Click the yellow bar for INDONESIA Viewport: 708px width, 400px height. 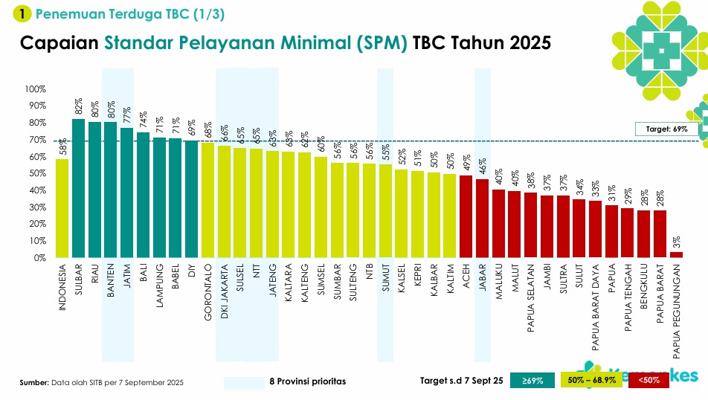point(62,208)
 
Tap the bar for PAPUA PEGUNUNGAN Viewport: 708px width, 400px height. point(676,255)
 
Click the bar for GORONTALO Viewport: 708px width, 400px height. point(207,200)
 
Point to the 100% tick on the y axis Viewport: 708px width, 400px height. point(36,89)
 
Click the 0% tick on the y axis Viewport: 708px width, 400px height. point(39,258)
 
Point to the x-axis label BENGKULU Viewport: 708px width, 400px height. point(643,286)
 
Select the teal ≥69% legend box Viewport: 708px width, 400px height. point(532,381)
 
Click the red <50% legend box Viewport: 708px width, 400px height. point(649,381)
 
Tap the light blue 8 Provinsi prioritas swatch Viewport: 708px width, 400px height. point(244,382)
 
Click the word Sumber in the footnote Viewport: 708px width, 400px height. point(34,382)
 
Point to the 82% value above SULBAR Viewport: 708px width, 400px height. point(78,107)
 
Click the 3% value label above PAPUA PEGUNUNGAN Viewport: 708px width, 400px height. point(676,243)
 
